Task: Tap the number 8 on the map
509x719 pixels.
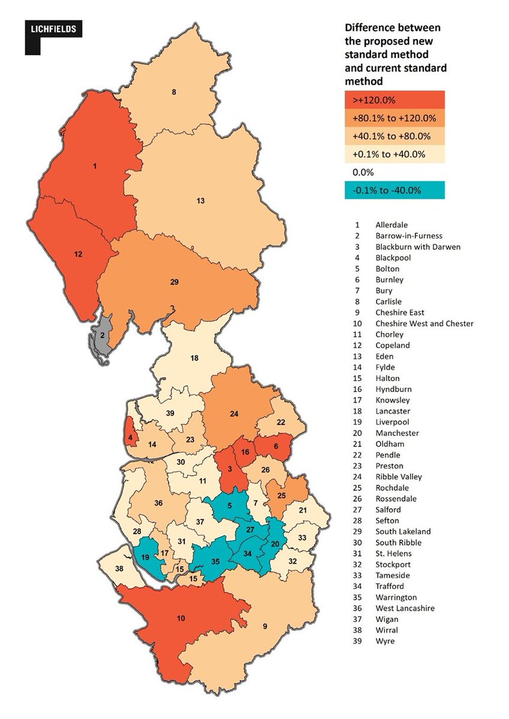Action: tap(174, 92)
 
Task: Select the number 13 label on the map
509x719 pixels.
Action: tap(201, 201)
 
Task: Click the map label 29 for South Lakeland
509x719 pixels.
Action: tap(174, 282)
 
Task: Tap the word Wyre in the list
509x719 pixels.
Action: tap(385, 641)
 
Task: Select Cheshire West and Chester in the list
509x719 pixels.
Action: tap(424, 324)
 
